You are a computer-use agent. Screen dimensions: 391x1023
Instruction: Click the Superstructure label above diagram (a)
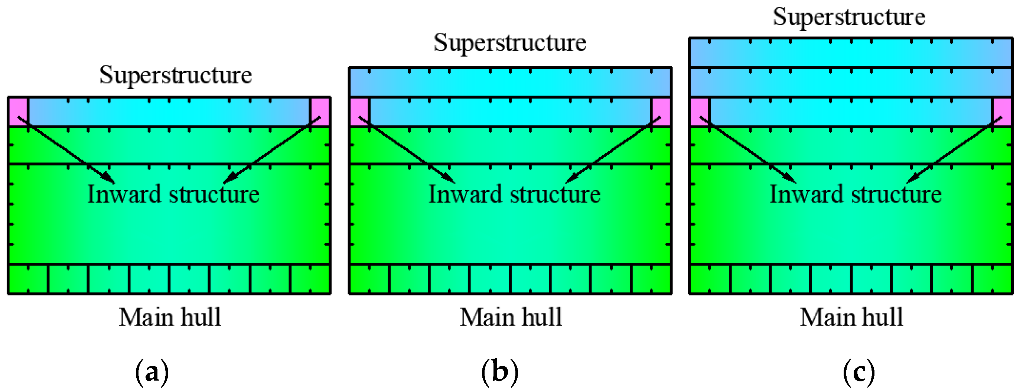point(175,75)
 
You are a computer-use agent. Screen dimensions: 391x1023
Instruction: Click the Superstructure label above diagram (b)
point(509,42)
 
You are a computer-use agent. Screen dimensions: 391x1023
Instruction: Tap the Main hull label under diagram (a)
point(170,317)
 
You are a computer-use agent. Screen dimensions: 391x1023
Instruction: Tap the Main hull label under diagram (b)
point(511,317)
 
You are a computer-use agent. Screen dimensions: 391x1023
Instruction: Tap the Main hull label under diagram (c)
point(851,317)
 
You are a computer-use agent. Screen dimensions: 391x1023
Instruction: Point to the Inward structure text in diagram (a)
point(173,194)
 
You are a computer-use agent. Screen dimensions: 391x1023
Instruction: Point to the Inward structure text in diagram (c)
point(856,194)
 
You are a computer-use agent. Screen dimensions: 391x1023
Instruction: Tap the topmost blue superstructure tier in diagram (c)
point(851,52)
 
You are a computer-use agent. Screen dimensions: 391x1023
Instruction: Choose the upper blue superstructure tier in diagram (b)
point(510,82)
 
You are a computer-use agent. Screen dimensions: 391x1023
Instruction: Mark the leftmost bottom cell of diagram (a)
point(28,279)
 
